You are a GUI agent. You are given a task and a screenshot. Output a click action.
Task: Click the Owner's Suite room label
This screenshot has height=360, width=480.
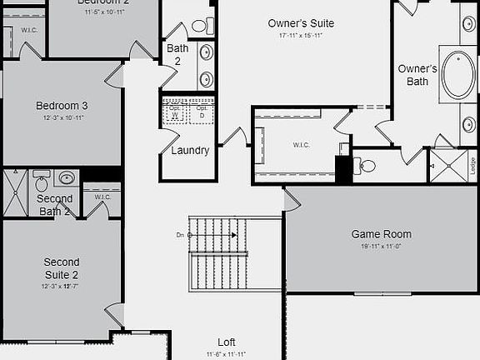click(301, 23)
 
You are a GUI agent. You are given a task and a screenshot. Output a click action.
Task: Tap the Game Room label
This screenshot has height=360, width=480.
click(381, 234)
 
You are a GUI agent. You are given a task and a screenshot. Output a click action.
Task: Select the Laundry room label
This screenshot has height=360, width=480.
click(190, 151)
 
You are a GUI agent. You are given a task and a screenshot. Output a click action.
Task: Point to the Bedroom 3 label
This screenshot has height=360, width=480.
click(62, 106)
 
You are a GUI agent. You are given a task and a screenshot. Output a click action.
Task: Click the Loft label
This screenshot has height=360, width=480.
click(227, 342)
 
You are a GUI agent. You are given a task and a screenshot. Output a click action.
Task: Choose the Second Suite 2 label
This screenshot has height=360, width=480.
click(62, 268)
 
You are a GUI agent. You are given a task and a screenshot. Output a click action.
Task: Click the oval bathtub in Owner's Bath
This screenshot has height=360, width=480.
click(457, 76)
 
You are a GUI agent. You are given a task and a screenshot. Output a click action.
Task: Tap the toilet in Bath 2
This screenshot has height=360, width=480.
click(199, 25)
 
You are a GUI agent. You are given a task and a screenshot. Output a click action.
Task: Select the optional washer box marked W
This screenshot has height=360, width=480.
click(175, 114)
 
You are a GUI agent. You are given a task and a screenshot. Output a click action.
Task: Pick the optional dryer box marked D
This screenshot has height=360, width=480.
click(201, 114)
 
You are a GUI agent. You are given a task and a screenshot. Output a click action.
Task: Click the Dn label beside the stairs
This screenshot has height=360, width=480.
click(180, 235)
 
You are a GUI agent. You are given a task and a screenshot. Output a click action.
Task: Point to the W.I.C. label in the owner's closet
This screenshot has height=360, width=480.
click(302, 145)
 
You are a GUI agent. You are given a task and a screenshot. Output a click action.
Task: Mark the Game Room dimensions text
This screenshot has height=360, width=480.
click(381, 247)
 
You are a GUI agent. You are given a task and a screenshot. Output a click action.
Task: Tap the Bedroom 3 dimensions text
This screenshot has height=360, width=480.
click(62, 118)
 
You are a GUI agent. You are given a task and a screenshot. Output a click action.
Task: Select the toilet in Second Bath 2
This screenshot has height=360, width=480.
click(42, 181)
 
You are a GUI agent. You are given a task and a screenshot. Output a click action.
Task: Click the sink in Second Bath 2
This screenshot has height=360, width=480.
click(67, 177)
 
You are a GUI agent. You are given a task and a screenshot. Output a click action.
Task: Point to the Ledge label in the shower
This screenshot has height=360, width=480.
click(472, 164)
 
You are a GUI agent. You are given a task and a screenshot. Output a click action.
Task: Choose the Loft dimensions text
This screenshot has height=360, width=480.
click(227, 354)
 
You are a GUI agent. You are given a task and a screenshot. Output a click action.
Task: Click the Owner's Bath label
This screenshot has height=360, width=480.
click(417, 75)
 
